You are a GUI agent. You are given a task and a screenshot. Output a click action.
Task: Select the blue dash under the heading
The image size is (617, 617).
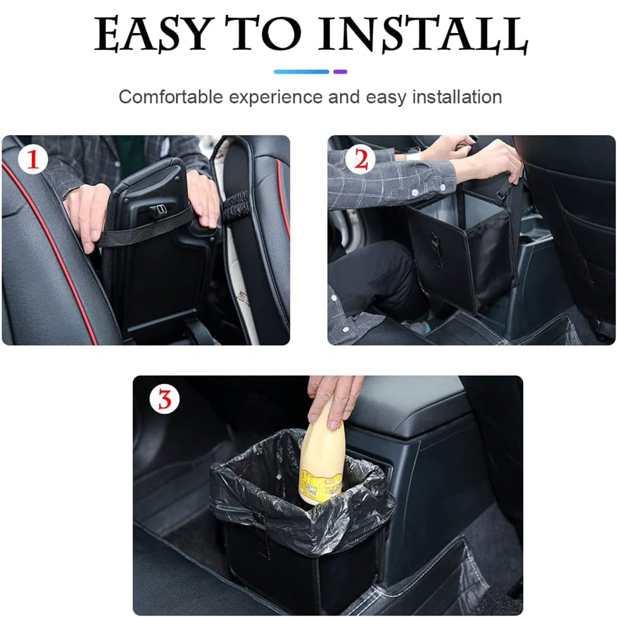click(x=302, y=72)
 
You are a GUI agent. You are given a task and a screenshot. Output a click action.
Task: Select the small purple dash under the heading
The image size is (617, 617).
click(x=340, y=72)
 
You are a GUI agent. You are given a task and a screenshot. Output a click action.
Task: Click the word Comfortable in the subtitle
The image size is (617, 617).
click(x=171, y=97)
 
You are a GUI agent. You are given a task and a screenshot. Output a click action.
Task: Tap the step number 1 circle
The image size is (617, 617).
click(x=33, y=160)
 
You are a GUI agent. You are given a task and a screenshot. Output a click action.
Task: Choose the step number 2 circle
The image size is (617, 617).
click(x=361, y=160)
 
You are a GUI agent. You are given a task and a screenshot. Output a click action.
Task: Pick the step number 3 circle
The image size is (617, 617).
click(x=165, y=399)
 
